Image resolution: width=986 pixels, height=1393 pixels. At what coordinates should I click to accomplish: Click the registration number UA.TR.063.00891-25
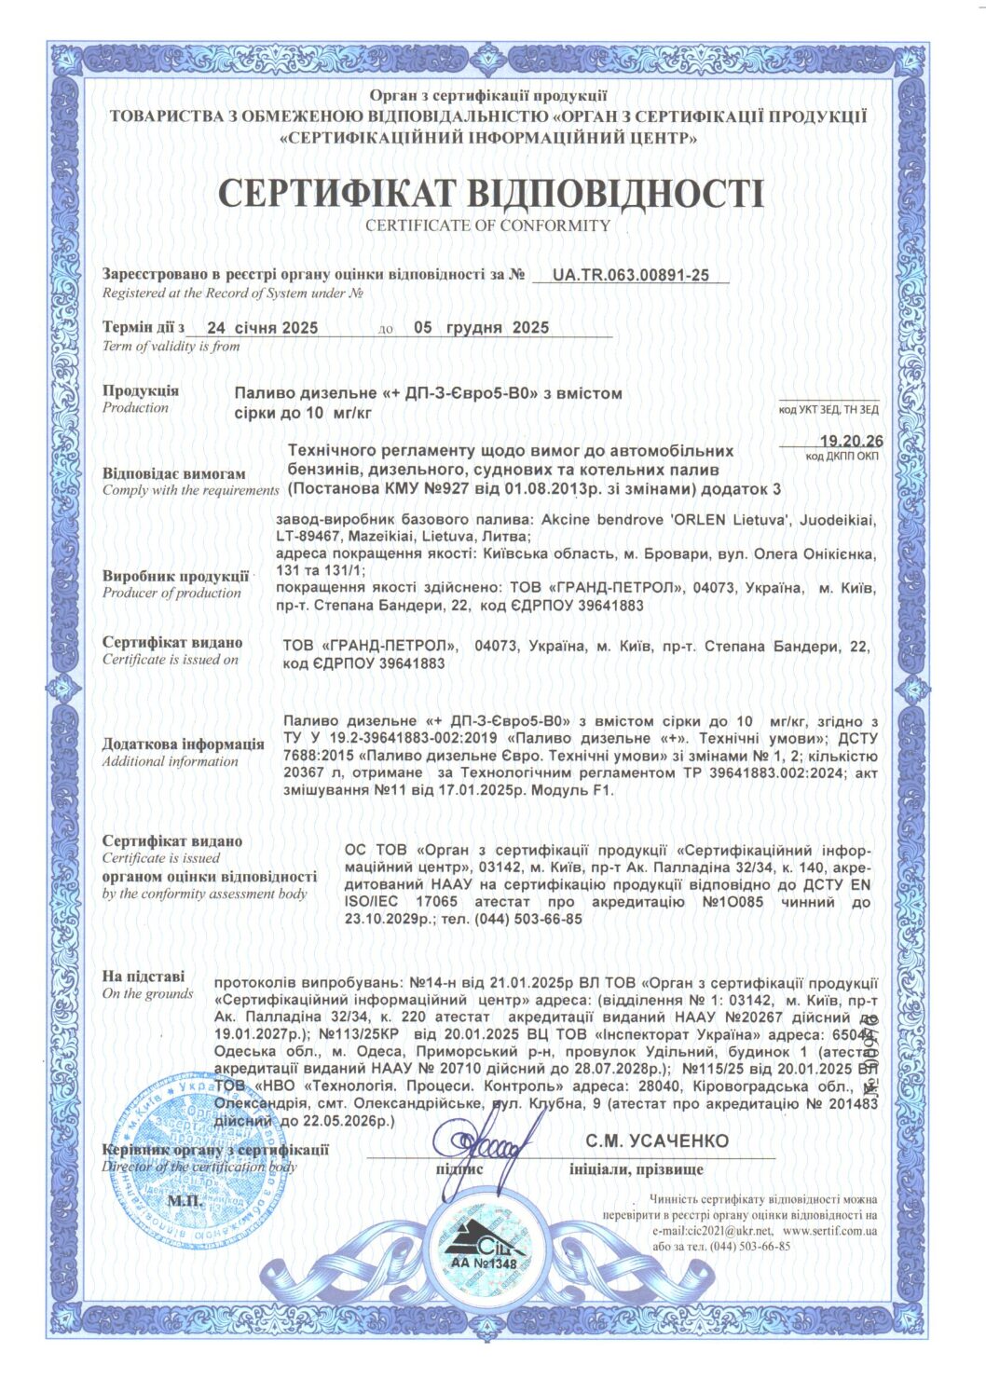point(630,275)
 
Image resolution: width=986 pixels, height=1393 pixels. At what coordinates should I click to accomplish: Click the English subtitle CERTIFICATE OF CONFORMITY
point(487,225)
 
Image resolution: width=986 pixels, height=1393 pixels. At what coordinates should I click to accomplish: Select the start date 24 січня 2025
point(262,328)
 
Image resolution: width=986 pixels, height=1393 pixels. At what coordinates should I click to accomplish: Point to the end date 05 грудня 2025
point(481,328)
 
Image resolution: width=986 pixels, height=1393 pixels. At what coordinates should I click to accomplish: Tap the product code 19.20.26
point(851,441)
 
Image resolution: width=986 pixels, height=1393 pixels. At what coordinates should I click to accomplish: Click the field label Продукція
point(141,390)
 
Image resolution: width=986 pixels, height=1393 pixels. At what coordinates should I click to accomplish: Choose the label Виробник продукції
point(175,576)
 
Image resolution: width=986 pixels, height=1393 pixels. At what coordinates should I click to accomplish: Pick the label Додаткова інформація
point(184,744)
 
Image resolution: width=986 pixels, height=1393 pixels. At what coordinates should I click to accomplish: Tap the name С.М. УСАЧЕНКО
point(657,1140)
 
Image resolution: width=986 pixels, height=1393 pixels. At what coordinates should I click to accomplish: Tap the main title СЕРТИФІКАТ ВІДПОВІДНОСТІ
point(490,192)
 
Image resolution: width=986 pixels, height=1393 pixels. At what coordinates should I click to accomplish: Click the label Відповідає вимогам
point(174,473)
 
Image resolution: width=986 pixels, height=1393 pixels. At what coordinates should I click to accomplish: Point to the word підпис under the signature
point(460,1168)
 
